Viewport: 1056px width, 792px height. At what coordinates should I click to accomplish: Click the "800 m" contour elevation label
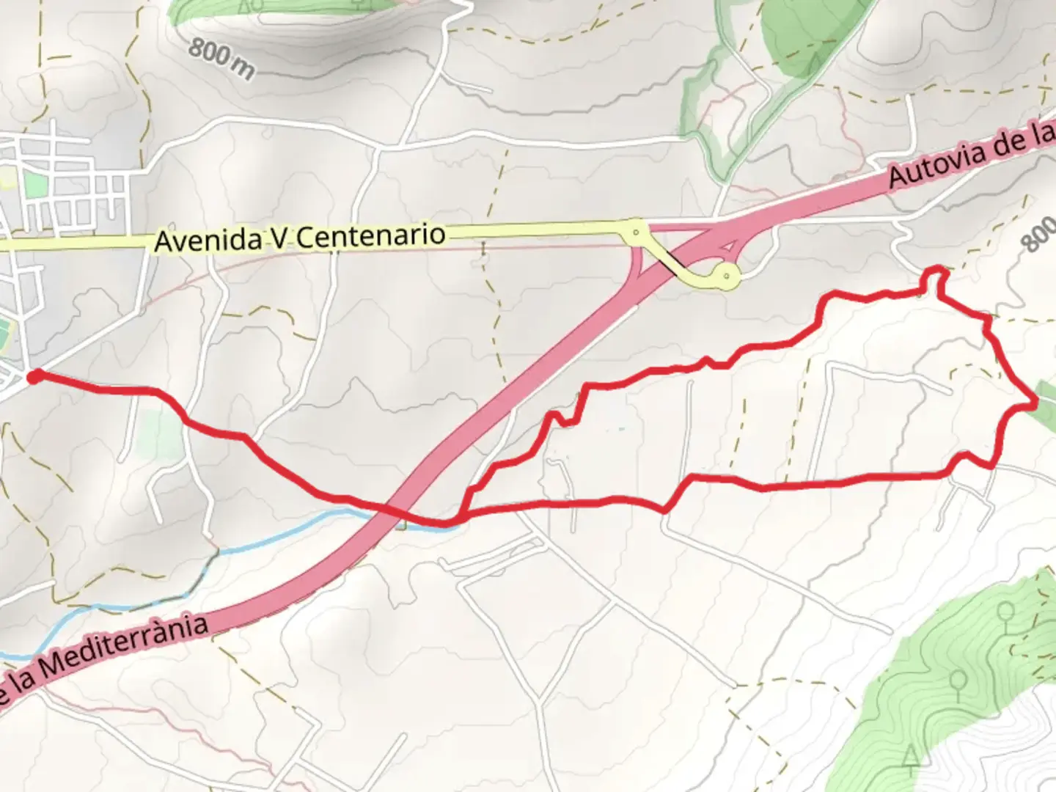pos(221,58)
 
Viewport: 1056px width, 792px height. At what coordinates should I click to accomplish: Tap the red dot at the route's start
pos(33,377)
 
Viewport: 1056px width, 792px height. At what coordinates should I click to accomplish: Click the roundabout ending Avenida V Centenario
pos(636,232)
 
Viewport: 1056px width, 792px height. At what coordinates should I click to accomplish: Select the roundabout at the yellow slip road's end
pos(726,276)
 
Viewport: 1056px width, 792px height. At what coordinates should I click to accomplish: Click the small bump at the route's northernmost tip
pos(934,276)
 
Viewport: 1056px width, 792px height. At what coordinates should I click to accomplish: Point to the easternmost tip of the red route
pos(1035,403)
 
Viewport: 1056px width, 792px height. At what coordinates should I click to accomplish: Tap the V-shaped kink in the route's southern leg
pos(666,509)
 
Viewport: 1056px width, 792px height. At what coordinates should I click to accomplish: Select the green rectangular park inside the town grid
pos(34,183)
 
